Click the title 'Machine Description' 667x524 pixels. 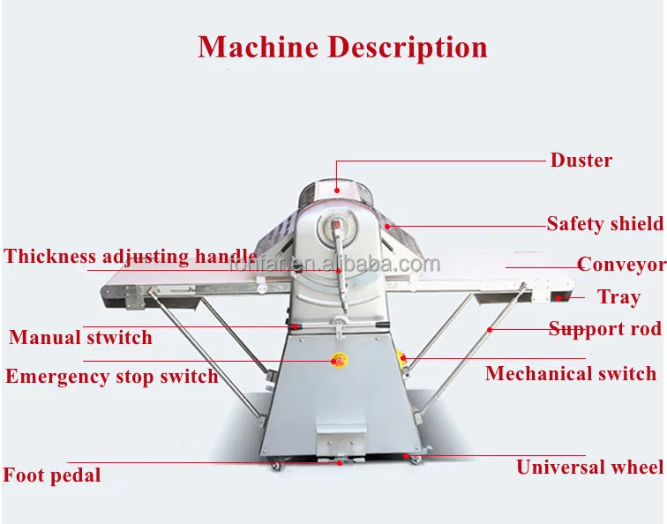click(342, 46)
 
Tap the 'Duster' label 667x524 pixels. click(581, 161)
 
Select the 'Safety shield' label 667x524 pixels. click(604, 224)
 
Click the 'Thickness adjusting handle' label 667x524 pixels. click(131, 257)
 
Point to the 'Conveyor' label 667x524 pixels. click(621, 265)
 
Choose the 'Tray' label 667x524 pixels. click(618, 296)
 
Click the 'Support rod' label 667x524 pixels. click(604, 329)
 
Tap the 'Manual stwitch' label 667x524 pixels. click(80, 337)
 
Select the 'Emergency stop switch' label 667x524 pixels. click(111, 377)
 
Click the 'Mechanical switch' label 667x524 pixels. click(571, 373)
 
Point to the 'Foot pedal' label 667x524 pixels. click(52, 475)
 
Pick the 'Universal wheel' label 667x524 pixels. click(589, 468)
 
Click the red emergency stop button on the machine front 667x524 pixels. click(337, 360)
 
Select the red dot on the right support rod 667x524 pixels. click(490, 329)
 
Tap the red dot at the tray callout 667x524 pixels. click(558, 297)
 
